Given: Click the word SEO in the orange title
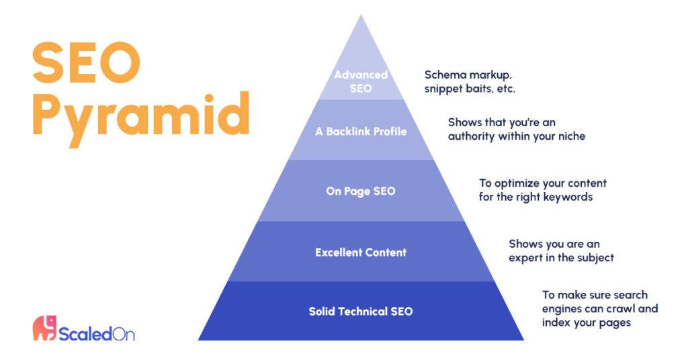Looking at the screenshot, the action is point(87,62).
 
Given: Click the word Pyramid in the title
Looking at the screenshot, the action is point(141,116).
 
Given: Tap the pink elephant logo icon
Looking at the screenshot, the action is point(45,328).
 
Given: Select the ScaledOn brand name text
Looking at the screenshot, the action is point(97,334).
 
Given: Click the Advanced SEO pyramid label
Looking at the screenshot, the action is point(361,81).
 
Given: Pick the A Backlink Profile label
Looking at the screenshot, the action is point(361,131).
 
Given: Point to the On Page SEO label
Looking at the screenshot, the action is point(361,191).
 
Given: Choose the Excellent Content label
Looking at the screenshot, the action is point(361,252).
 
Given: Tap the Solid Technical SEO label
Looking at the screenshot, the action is point(361,312).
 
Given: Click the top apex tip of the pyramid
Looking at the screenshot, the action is point(361,15).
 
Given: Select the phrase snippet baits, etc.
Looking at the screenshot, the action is point(470,89).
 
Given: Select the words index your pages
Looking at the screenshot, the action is point(586,323).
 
